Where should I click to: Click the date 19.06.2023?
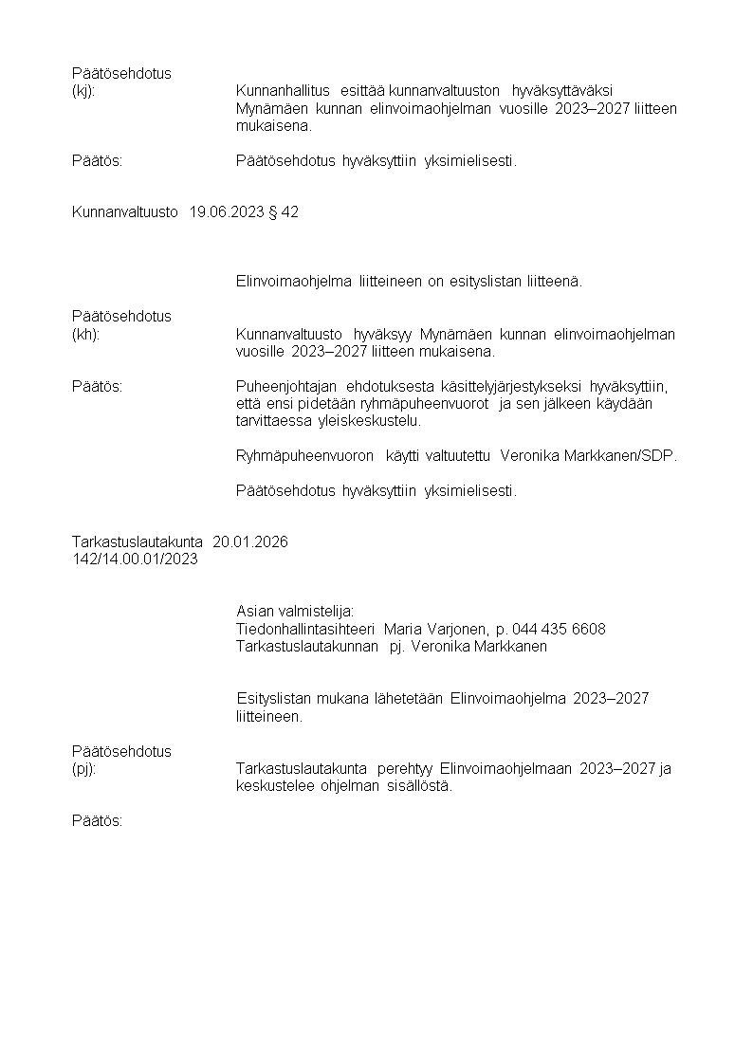click(x=229, y=212)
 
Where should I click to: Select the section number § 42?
click(x=285, y=212)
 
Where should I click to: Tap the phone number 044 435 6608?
click(x=559, y=630)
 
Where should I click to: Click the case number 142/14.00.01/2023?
click(x=135, y=560)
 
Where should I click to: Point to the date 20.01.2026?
click(x=250, y=542)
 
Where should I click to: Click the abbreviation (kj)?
click(x=83, y=91)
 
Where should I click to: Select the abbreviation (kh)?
click(x=85, y=334)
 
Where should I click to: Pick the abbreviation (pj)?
click(x=83, y=769)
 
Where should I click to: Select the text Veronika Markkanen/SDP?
click(x=589, y=456)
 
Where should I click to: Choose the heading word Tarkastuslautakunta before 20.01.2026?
click(x=137, y=542)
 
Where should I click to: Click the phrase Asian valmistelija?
click(x=295, y=612)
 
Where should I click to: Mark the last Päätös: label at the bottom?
click(x=98, y=821)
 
